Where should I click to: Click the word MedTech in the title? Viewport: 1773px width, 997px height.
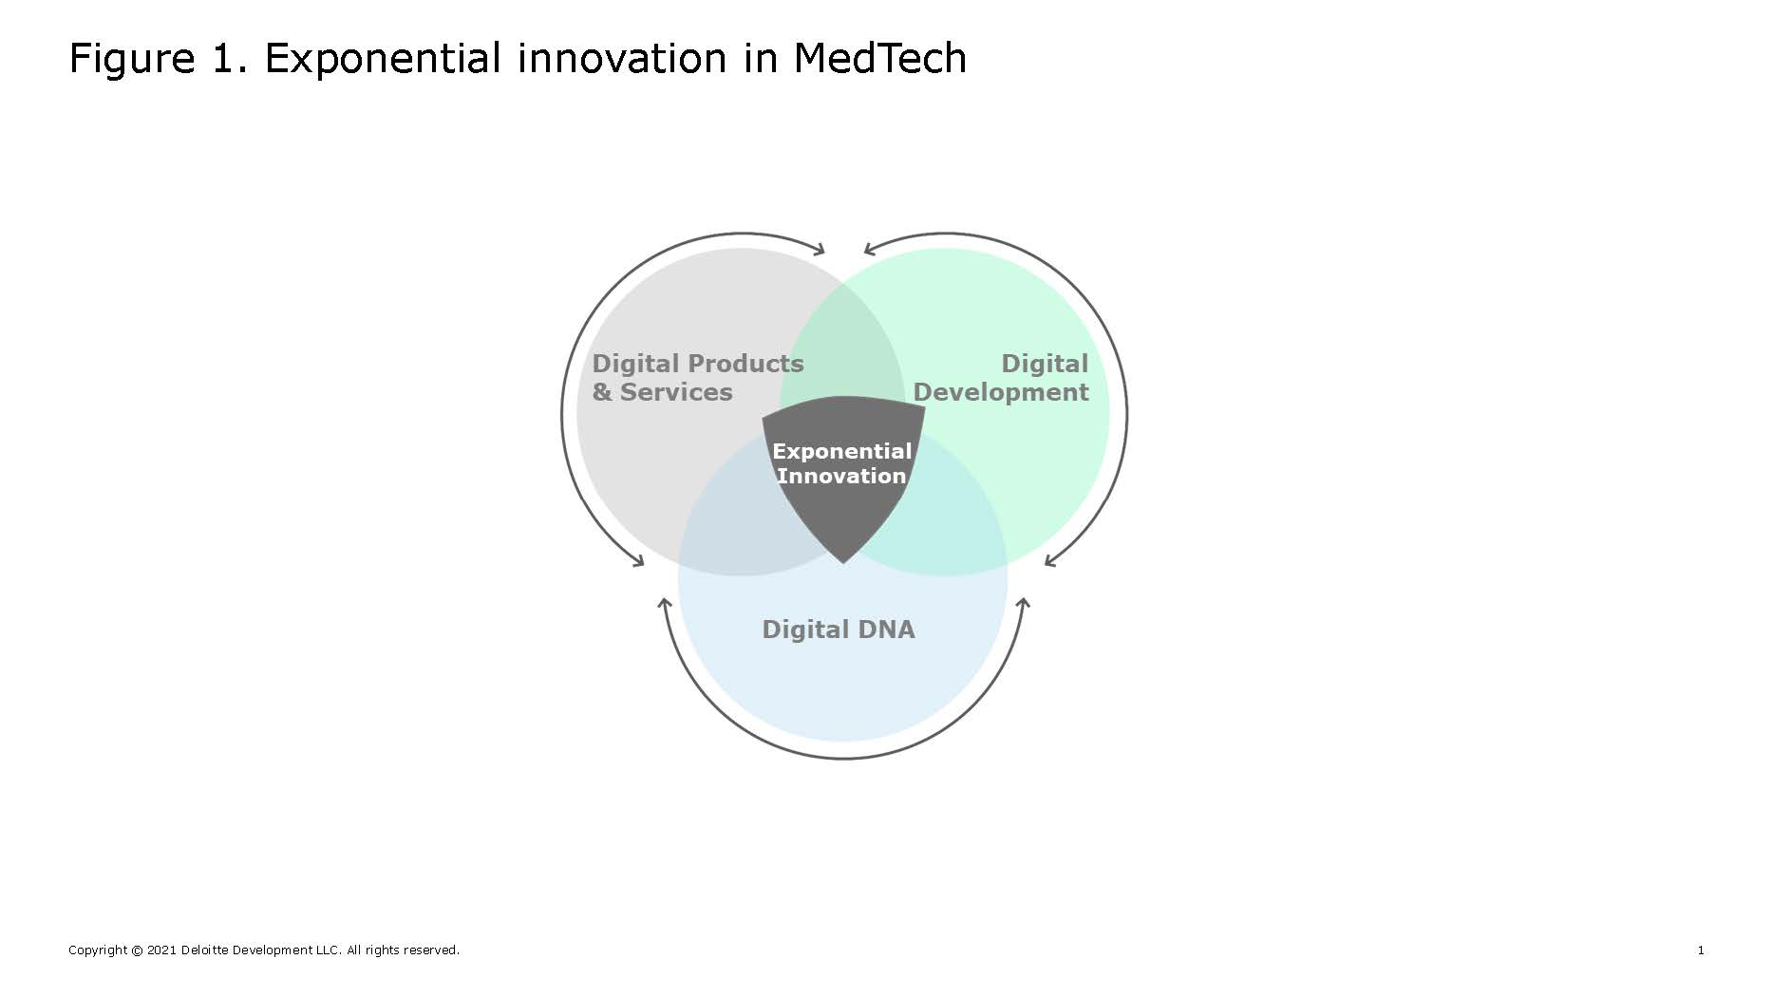click(880, 58)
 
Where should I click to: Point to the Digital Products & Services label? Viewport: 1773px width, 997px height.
click(698, 378)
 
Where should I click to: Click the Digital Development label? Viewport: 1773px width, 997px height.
click(1001, 378)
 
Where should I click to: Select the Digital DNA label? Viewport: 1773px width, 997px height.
click(839, 630)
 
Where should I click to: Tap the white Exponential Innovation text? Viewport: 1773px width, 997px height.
click(841, 463)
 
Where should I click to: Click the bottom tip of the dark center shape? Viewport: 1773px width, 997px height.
click(843, 563)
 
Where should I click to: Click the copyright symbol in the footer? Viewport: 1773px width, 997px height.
click(137, 950)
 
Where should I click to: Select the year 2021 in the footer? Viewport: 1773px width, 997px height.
click(161, 950)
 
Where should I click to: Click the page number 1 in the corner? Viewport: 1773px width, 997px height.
click(1701, 950)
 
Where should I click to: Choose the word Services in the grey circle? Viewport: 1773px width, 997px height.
click(676, 392)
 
